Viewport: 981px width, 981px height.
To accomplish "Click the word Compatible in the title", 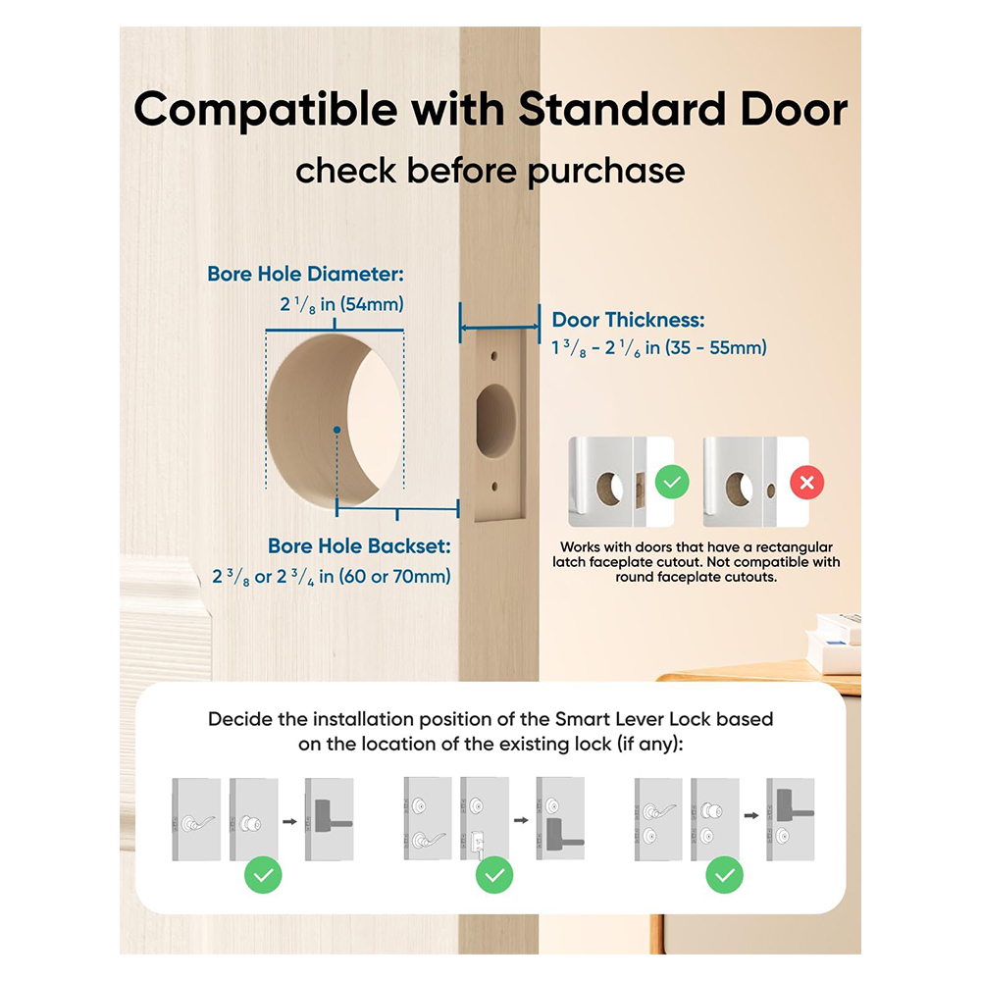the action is click(x=265, y=110).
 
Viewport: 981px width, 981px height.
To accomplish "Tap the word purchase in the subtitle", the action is click(x=606, y=171).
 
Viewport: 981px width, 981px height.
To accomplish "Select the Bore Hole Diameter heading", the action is click(x=305, y=274).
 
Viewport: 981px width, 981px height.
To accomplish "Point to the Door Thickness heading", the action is click(x=628, y=320).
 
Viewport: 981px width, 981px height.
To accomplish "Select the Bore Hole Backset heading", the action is click(x=359, y=546).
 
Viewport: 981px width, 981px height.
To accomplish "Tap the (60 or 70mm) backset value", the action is click(x=394, y=576).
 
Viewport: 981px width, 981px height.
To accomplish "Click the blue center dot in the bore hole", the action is click(x=336, y=430).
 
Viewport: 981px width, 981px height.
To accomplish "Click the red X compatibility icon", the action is click(x=806, y=483).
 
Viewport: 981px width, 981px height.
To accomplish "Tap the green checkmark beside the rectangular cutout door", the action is click(x=672, y=483).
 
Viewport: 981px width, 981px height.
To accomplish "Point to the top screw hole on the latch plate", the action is click(x=494, y=356).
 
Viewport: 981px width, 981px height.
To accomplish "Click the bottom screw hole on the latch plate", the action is click(x=494, y=487).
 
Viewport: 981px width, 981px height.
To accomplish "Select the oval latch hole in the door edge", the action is click(x=495, y=420).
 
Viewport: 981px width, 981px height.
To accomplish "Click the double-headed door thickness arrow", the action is click(x=499, y=326).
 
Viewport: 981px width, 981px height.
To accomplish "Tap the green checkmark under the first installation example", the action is click(x=263, y=875).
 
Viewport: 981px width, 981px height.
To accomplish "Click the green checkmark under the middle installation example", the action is click(x=494, y=875).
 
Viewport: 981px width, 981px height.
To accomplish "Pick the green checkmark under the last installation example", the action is click(x=725, y=875).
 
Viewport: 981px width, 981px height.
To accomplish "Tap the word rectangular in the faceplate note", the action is click(x=794, y=547).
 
